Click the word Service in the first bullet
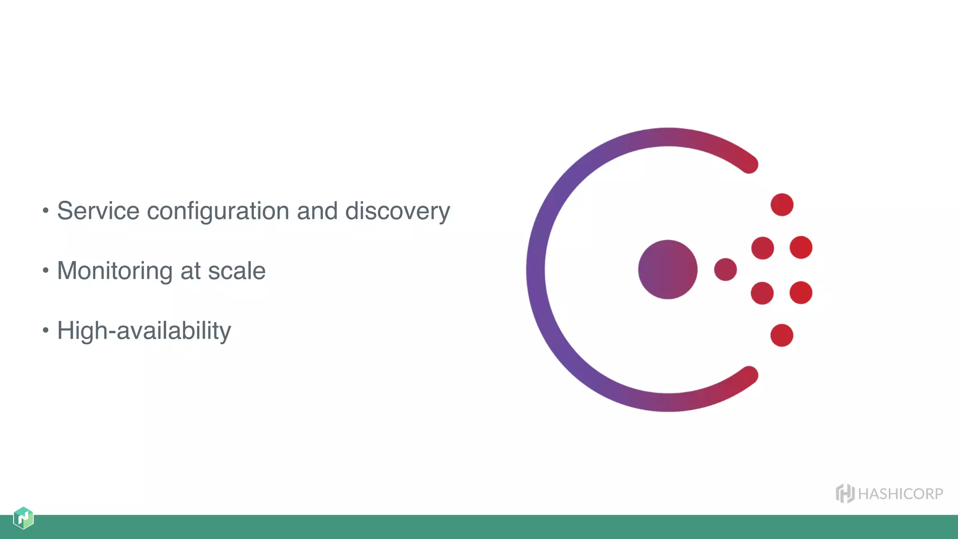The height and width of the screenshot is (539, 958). (x=98, y=211)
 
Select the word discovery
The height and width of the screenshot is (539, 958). (x=397, y=211)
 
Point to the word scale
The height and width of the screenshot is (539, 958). (x=237, y=271)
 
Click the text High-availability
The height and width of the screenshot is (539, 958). (x=144, y=331)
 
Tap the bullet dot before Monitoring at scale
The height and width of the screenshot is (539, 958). (x=45, y=270)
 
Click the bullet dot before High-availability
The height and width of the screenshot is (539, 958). (x=45, y=330)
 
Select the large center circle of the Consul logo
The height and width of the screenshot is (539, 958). (x=668, y=269)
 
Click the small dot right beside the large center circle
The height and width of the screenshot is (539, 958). (x=725, y=269)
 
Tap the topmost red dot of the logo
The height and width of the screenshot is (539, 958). (x=782, y=204)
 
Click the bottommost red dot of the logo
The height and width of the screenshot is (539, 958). (x=782, y=335)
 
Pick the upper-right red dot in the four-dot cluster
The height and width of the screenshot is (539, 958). (x=801, y=248)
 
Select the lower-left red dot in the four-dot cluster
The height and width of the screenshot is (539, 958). (x=762, y=293)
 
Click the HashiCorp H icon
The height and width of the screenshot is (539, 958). (x=845, y=494)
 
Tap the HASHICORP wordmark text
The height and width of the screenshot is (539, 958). (x=900, y=494)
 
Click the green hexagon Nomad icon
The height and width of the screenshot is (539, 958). (x=23, y=518)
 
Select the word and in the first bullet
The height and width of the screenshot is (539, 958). (x=317, y=211)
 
